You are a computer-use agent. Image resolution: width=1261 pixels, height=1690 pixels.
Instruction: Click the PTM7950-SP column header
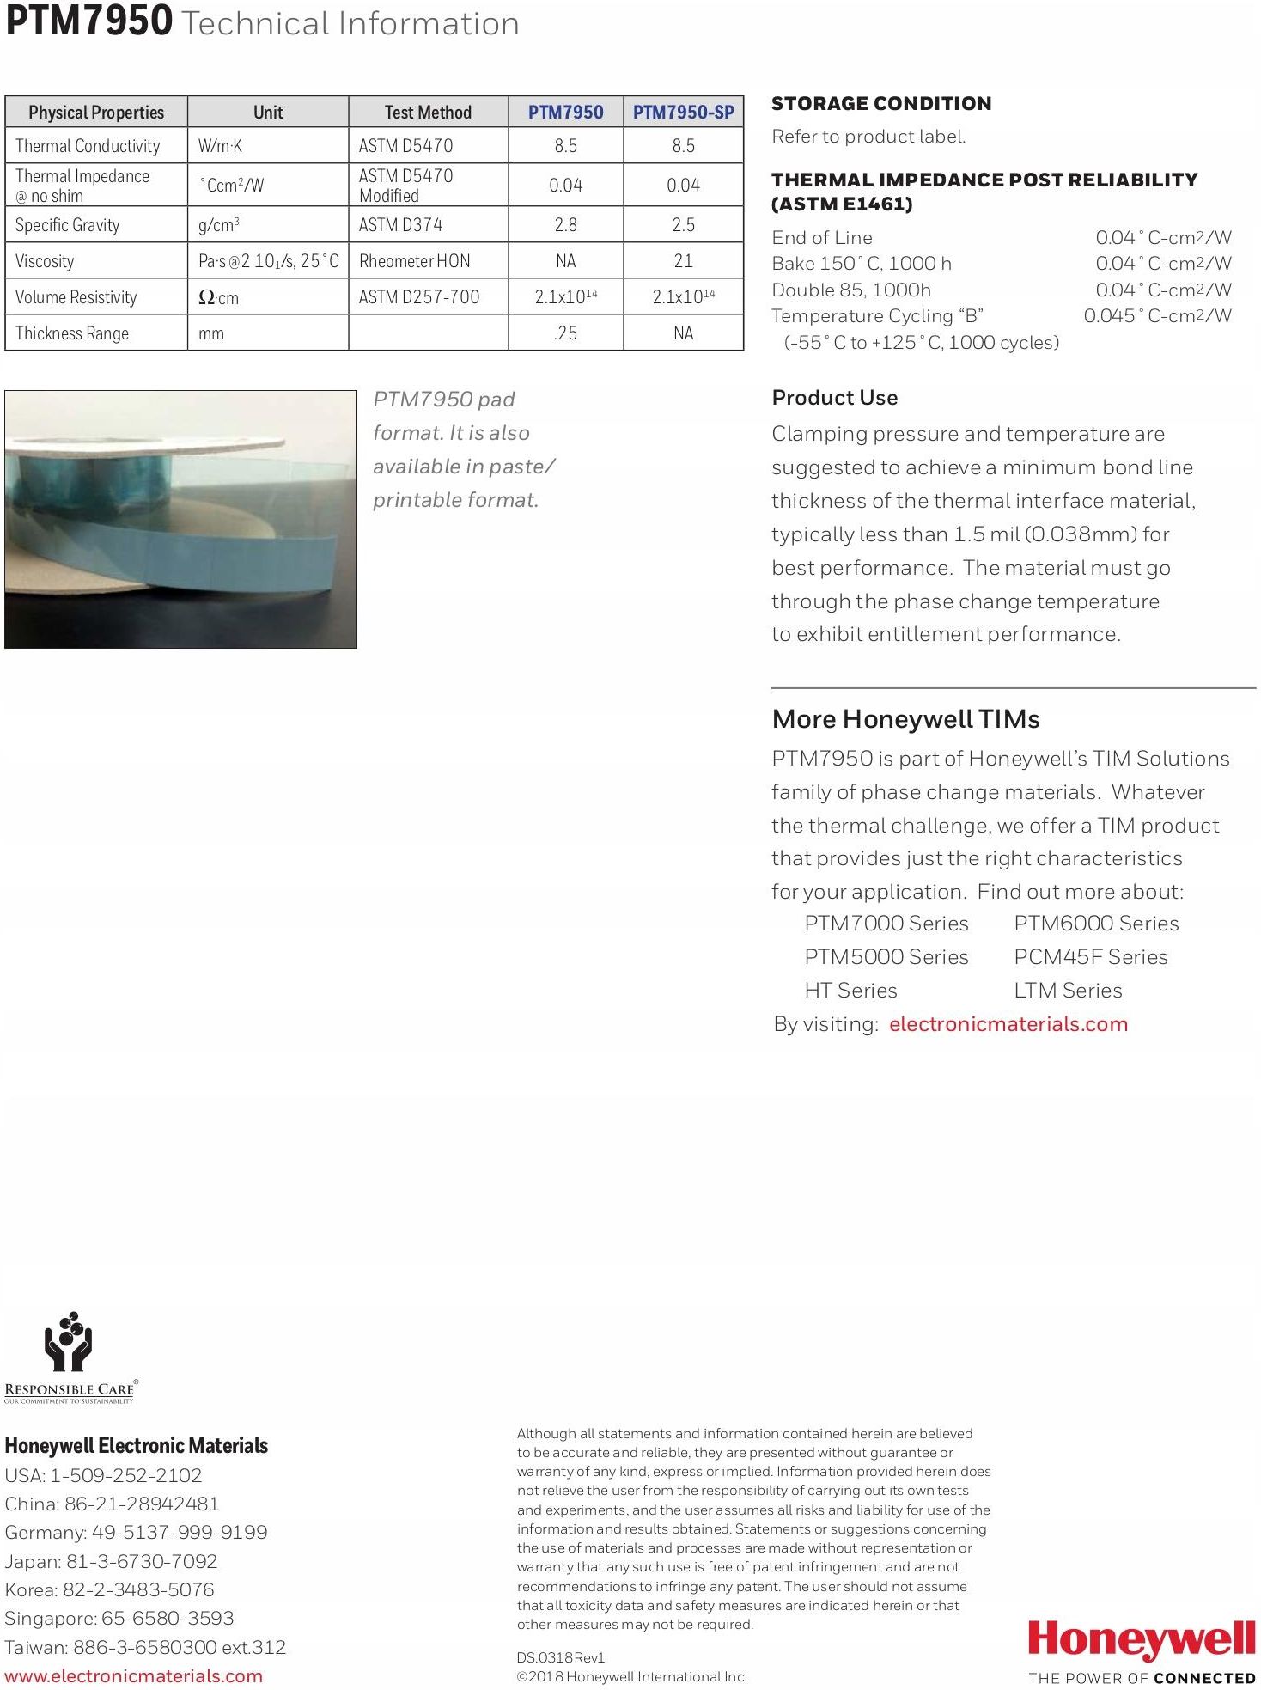coord(683,113)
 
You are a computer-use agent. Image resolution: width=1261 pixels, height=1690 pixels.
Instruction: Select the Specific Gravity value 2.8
coord(565,225)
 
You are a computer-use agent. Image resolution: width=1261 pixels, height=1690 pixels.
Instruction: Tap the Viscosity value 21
coord(683,261)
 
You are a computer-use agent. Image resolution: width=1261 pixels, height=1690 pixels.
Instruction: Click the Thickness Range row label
coord(72,333)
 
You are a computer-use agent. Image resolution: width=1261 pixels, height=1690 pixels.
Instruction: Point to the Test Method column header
coord(428,113)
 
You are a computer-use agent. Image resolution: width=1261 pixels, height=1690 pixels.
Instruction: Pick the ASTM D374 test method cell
coord(400,225)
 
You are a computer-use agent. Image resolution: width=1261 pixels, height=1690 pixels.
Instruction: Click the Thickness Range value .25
coord(565,333)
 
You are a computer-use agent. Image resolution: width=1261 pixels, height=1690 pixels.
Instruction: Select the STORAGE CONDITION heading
coord(880,104)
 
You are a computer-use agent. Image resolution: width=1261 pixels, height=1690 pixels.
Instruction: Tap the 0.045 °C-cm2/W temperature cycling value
coord(1157,316)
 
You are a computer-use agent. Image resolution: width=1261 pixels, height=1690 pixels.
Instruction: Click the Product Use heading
coord(834,398)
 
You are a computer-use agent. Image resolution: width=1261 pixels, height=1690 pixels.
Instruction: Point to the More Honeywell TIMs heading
coord(905,719)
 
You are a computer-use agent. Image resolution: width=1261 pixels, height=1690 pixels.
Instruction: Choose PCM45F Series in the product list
coord(1090,957)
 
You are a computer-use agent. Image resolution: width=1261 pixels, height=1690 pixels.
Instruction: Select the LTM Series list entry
coord(1068,991)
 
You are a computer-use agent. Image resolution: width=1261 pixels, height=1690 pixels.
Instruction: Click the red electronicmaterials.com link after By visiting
coord(1008,1024)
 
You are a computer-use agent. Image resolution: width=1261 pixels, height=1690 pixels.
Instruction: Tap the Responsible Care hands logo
coord(69,1342)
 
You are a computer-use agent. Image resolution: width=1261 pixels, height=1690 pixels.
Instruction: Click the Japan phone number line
coord(111,1561)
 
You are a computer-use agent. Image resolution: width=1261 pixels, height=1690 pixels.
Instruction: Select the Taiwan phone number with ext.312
coord(145,1647)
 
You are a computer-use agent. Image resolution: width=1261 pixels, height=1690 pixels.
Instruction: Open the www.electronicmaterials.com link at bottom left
coord(133,1675)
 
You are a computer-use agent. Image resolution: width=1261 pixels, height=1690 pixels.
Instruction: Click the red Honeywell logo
coord(1142,1639)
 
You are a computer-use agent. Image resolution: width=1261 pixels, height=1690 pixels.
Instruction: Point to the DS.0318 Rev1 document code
coord(561,1657)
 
